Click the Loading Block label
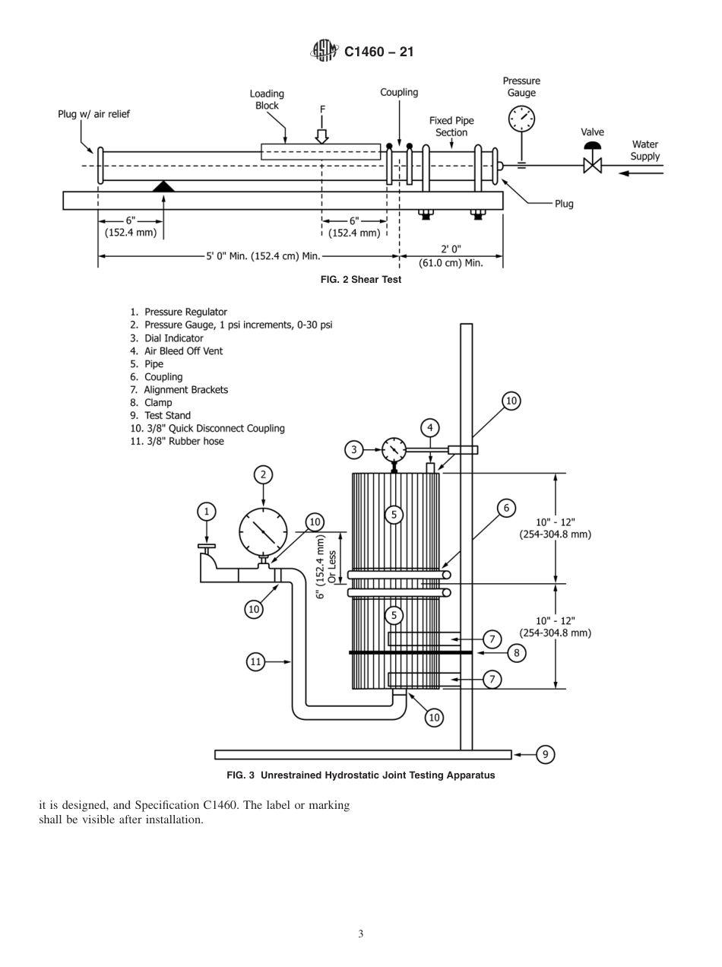267,100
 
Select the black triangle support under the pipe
163,185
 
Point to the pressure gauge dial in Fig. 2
521,119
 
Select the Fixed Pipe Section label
451,126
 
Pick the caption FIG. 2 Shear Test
361,280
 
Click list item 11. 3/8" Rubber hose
177,441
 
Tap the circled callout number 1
207,512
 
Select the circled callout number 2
263,475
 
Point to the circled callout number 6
506,507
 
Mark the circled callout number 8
516,652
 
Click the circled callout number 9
545,754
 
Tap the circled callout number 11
256,662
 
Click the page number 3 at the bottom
361,934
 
